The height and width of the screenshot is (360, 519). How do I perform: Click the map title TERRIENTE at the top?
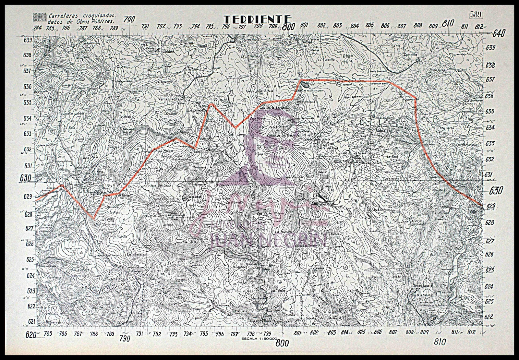[x=258, y=20]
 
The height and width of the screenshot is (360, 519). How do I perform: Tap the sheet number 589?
[x=476, y=15]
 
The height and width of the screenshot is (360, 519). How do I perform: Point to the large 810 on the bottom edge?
[x=440, y=342]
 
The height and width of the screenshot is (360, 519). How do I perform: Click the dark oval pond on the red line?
[x=305, y=85]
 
